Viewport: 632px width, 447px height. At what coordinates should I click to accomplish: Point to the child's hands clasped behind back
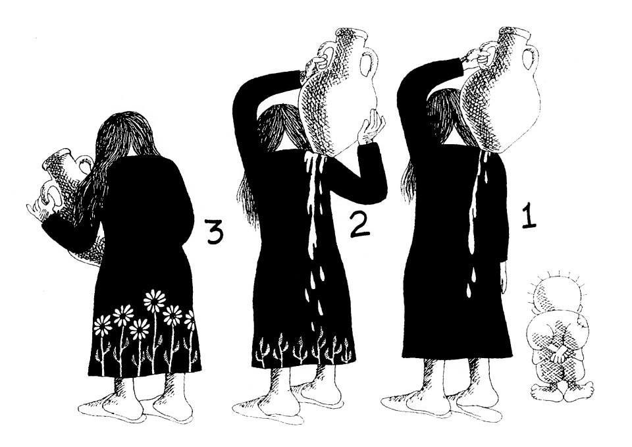point(559,353)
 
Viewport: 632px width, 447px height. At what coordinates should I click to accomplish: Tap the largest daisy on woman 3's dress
point(155,301)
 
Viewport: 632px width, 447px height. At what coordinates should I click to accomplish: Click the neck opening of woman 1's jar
point(514,33)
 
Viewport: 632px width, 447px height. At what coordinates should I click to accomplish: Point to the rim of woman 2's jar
point(352,34)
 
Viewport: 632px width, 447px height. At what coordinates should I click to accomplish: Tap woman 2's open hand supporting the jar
point(371,128)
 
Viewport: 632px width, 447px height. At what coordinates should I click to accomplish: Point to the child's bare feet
point(562,392)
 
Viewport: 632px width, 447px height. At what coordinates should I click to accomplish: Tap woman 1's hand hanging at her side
point(504,277)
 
